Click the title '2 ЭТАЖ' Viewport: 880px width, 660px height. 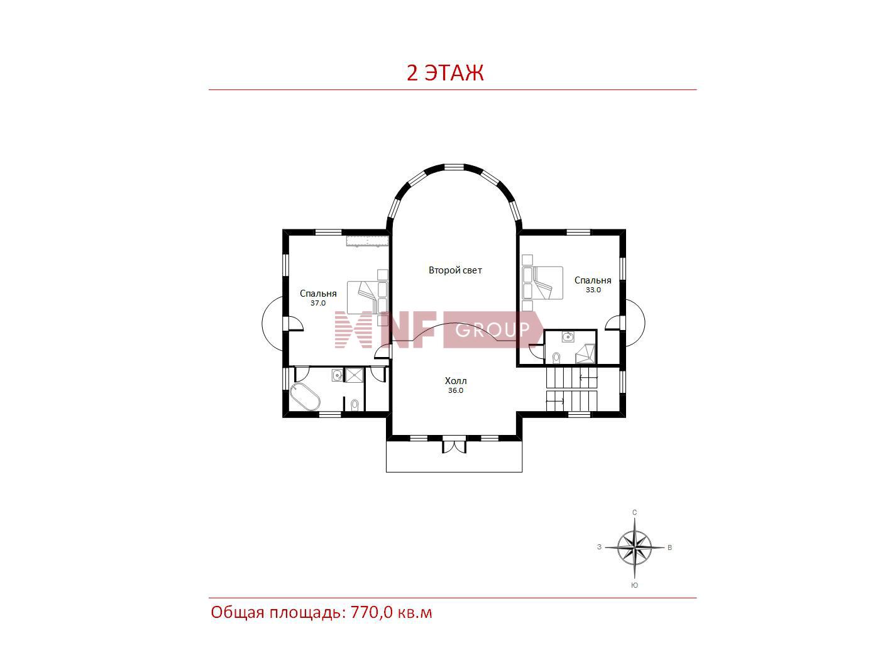click(445, 73)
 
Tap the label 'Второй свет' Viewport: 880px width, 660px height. click(455, 270)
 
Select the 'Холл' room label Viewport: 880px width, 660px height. click(456, 381)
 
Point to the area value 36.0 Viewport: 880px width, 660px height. click(456, 391)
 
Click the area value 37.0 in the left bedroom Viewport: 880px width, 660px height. click(318, 304)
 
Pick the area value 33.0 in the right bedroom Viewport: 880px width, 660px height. click(593, 290)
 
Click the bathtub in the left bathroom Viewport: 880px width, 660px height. click(305, 397)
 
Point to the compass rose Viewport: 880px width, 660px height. click(634, 547)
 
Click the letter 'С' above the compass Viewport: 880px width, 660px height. click(635, 512)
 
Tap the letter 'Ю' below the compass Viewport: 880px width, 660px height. click(635, 585)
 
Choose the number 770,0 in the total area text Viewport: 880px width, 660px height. click(371, 613)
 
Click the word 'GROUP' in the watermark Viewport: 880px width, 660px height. click(493, 330)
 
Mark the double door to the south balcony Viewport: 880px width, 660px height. click(454, 446)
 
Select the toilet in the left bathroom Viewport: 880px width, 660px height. click(355, 405)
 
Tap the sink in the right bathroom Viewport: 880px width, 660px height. click(568, 337)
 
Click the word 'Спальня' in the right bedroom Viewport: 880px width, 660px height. click(593, 280)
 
